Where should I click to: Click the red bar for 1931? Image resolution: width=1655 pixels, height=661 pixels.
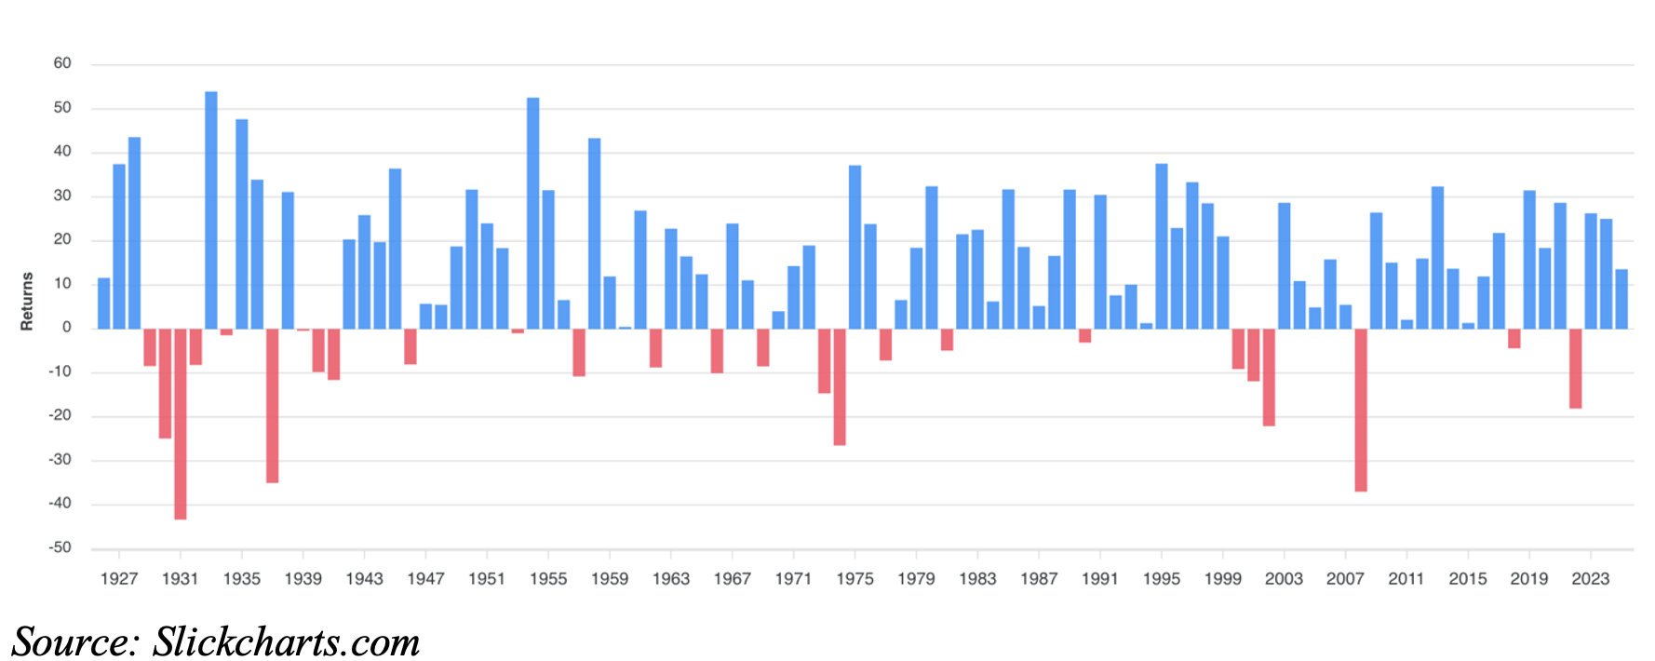181,424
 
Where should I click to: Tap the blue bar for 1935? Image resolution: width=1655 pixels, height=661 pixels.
242,223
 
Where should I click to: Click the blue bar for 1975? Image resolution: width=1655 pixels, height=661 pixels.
854,247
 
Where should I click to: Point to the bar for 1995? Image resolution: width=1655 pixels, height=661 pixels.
1162,246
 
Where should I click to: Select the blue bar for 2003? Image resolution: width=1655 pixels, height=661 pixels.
1285,265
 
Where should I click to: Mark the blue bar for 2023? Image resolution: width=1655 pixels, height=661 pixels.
1591,271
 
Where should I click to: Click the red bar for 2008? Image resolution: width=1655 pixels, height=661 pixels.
1361,410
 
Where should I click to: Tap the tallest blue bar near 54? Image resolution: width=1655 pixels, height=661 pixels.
211,209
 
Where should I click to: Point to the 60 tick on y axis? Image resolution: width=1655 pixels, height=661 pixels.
62,63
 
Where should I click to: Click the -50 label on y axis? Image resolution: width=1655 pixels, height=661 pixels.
61,547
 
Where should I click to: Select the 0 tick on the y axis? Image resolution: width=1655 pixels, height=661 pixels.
67,328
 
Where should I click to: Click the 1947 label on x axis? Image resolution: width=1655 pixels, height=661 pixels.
425,579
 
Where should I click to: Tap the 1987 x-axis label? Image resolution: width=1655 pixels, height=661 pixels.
1039,579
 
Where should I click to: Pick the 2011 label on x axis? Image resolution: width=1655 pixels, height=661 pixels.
1406,579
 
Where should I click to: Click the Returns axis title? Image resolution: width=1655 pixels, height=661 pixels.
27,301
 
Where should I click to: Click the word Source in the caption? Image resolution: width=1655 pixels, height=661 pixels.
74,642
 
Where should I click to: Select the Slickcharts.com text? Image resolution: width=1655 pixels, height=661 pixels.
287,642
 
